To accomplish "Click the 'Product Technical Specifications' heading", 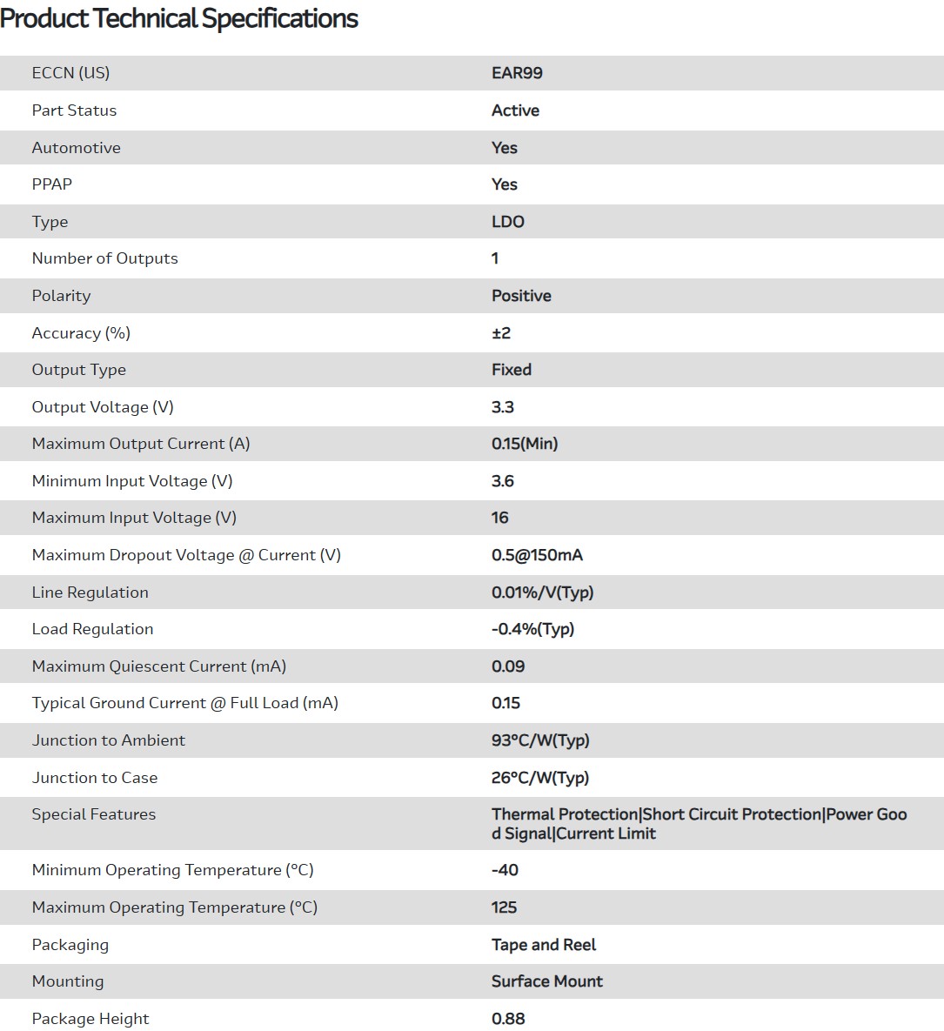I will (179, 18).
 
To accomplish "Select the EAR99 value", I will (517, 73).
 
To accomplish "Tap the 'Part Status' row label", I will (74, 110).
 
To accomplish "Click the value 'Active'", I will (515, 110).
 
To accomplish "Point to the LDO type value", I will (508, 222).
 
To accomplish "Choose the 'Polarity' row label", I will (61, 296).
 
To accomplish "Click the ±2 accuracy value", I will (501, 333).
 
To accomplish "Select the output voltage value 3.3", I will (503, 407).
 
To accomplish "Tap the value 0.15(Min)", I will (525, 444).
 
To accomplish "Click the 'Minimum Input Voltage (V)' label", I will (132, 481).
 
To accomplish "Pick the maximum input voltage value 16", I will (499, 518).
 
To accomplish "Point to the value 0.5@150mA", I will (537, 555).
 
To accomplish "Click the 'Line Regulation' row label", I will (90, 592).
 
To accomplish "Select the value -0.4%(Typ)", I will (532, 629).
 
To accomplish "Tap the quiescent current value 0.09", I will (508, 666).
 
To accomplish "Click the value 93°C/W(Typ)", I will (540, 740).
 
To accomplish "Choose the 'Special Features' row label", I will (94, 814).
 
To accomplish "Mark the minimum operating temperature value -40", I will (505, 870).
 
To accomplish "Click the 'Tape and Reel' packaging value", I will (544, 945).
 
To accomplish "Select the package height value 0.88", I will (508, 1019).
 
